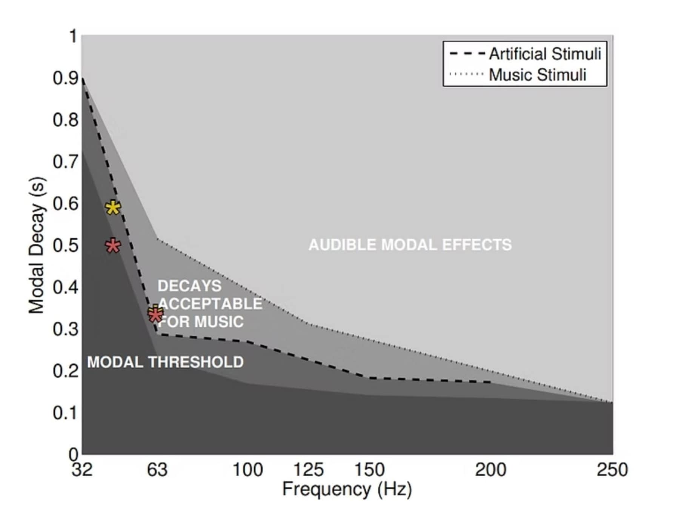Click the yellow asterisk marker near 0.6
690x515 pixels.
[113, 208]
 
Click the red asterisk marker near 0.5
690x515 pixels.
[113, 246]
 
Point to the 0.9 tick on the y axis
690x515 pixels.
[65, 78]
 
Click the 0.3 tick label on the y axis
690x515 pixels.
[65, 329]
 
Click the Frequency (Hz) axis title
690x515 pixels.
[347, 489]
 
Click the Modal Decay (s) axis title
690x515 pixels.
[37, 245]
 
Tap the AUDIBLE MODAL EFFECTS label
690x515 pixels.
[410, 245]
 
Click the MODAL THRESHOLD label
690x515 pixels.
[165, 362]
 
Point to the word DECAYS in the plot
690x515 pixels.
[189, 286]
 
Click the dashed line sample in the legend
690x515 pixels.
[467, 54]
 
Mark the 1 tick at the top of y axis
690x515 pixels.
[73, 37]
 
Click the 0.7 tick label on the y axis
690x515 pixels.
[65, 162]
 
